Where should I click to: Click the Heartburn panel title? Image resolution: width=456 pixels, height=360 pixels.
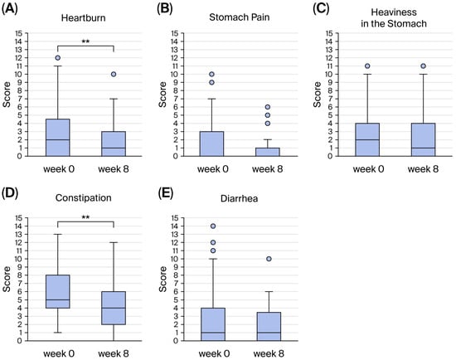[x=83, y=18]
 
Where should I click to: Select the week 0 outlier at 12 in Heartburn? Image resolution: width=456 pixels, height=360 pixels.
[x=57, y=58]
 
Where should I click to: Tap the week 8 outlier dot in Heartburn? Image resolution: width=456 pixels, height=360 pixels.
[x=114, y=74]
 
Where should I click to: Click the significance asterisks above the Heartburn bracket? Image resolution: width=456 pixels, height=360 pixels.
[x=85, y=41]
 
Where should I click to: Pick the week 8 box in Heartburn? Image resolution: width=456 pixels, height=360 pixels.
[x=114, y=144]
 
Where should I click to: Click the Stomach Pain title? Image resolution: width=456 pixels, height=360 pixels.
[x=239, y=17]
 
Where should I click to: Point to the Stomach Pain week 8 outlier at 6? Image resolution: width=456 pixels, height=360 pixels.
[x=268, y=107]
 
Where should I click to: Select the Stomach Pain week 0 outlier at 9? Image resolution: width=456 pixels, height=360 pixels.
[x=211, y=83]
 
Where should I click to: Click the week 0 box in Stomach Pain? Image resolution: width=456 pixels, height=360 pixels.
[x=211, y=144]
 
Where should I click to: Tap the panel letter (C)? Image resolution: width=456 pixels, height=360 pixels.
[x=321, y=9]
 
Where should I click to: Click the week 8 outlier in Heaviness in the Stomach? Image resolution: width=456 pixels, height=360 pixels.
[x=423, y=66]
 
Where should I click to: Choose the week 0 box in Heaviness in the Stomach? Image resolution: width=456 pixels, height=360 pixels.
[x=367, y=139]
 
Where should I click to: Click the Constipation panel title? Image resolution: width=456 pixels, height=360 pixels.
[x=83, y=198]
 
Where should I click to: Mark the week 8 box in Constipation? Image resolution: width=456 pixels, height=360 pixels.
[x=114, y=308]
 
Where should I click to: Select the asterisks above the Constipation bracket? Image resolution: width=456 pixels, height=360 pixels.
[x=85, y=217]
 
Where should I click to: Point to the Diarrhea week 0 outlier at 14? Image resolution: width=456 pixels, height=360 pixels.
[x=213, y=226]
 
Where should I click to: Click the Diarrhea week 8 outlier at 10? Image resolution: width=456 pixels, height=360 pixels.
[x=269, y=259]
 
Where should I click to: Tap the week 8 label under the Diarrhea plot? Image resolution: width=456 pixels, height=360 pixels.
[x=269, y=353]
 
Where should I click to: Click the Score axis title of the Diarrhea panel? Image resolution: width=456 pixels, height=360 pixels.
[x=163, y=279]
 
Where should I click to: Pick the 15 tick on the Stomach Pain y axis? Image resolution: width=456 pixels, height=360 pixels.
[x=174, y=33]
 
